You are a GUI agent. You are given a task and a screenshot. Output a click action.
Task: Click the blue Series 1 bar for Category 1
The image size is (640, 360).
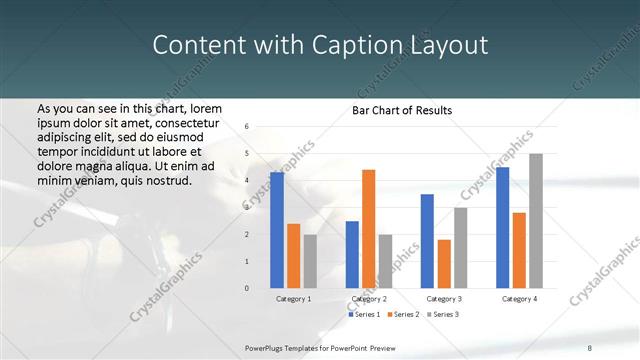(276, 230)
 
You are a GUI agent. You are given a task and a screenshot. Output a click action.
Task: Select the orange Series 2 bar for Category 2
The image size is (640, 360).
(368, 229)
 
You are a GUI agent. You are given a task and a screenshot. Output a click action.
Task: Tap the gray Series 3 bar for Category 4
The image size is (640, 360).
(536, 221)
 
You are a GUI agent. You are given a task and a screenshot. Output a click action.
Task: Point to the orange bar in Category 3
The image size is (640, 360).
(443, 264)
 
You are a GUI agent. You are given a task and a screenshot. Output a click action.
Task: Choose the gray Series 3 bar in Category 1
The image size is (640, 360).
(309, 261)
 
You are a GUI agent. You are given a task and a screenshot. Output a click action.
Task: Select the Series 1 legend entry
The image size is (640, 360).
(362, 315)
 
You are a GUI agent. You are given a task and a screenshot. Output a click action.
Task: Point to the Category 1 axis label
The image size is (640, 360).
(293, 299)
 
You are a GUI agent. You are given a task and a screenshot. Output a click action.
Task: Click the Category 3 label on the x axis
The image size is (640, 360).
(443, 299)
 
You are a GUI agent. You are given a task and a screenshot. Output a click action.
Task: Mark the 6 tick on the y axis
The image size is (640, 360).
(246, 127)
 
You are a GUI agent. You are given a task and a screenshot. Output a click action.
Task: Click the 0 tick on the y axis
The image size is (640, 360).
(246, 288)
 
